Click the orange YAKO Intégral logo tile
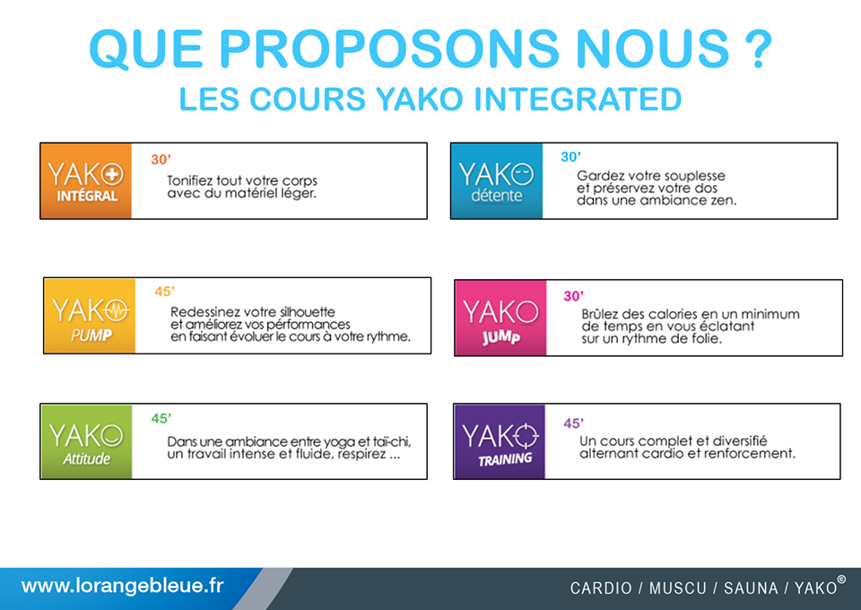86,180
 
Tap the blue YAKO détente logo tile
496,180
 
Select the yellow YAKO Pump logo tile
90,316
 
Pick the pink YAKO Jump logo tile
500,318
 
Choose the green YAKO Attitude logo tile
86,441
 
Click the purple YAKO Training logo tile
500,441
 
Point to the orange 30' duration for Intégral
161,159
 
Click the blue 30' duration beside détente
570,156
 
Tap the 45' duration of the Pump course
164,291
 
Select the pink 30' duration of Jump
574,296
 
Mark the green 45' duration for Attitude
161,418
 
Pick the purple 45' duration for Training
573,423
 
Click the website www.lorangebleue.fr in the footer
123,586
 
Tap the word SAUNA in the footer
751,588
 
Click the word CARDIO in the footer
601,588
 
